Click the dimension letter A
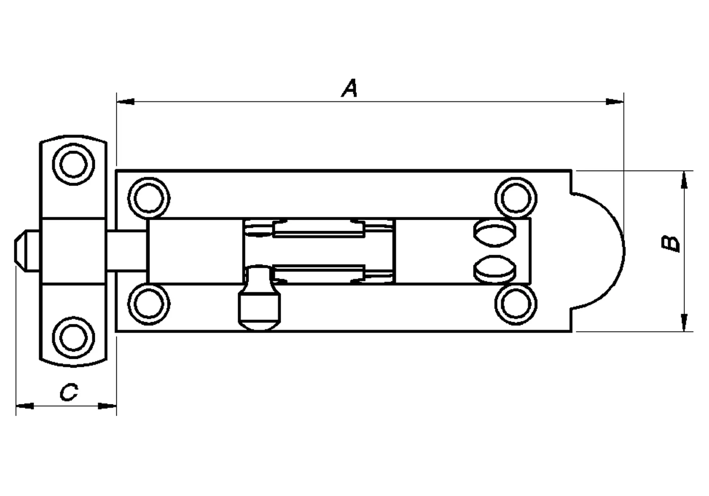[x=350, y=88]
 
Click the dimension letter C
[x=69, y=392]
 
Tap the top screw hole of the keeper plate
[x=73, y=164]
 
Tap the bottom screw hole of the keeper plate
[x=73, y=338]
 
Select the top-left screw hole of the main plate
[x=149, y=198]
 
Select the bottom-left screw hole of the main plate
[x=149, y=304]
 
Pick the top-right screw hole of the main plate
[x=516, y=198]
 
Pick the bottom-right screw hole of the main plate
[x=516, y=304]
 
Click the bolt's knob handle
[x=259, y=298]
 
